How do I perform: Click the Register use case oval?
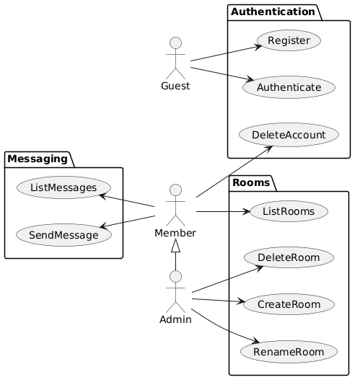(x=289, y=40)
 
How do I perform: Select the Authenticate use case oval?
(x=289, y=87)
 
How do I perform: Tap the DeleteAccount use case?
(x=289, y=135)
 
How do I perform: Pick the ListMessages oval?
(x=63, y=187)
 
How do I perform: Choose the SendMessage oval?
(x=63, y=235)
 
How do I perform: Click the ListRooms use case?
(x=289, y=211)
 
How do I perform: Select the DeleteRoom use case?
(x=289, y=257)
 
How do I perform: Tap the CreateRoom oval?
(x=289, y=304)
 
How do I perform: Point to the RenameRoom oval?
(x=289, y=352)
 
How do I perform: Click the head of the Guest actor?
(x=176, y=43)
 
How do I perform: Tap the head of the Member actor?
(x=176, y=190)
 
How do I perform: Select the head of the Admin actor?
(x=176, y=277)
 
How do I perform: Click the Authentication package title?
(x=273, y=12)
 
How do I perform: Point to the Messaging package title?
(x=38, y=159)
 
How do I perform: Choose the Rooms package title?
(x=251, y=182)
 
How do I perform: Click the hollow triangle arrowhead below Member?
(x=176, y=245)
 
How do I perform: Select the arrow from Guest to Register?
(x=227, y=53)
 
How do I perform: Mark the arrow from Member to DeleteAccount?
(x=234, y=172)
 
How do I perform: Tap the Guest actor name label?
(x=175, y=86)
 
